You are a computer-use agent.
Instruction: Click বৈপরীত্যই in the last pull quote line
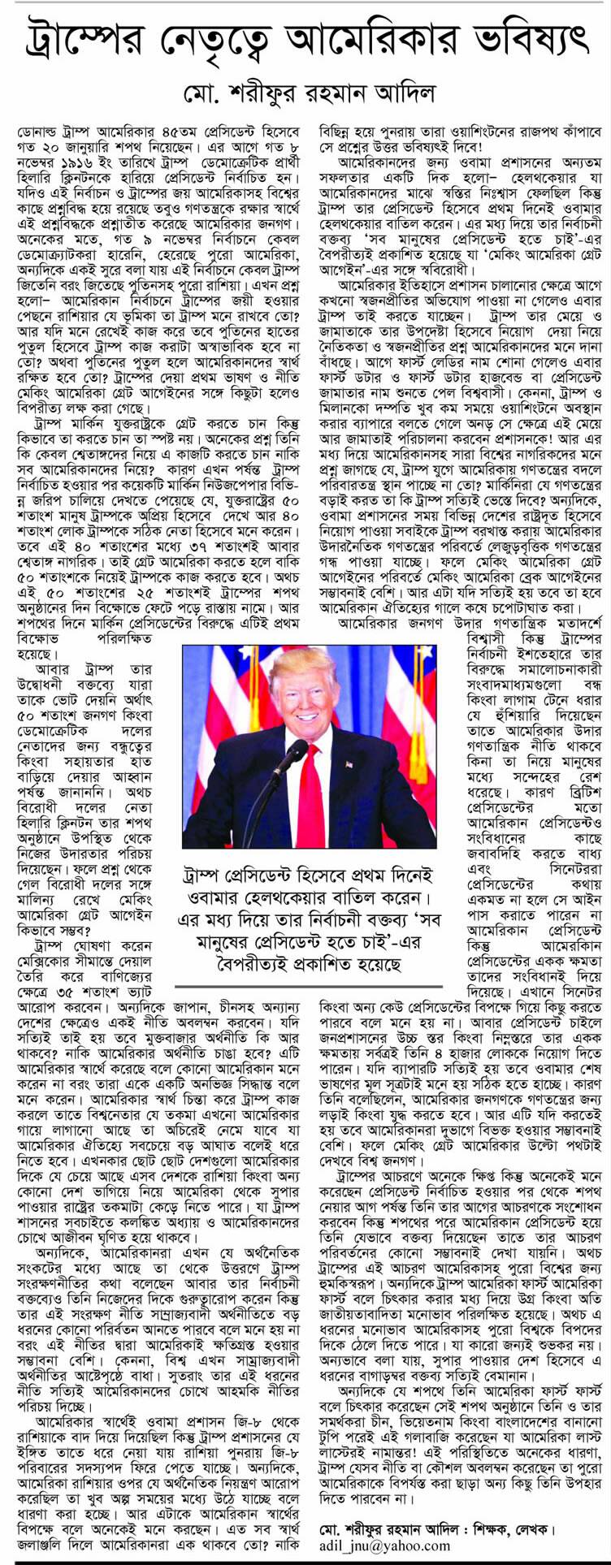(240, 965)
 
